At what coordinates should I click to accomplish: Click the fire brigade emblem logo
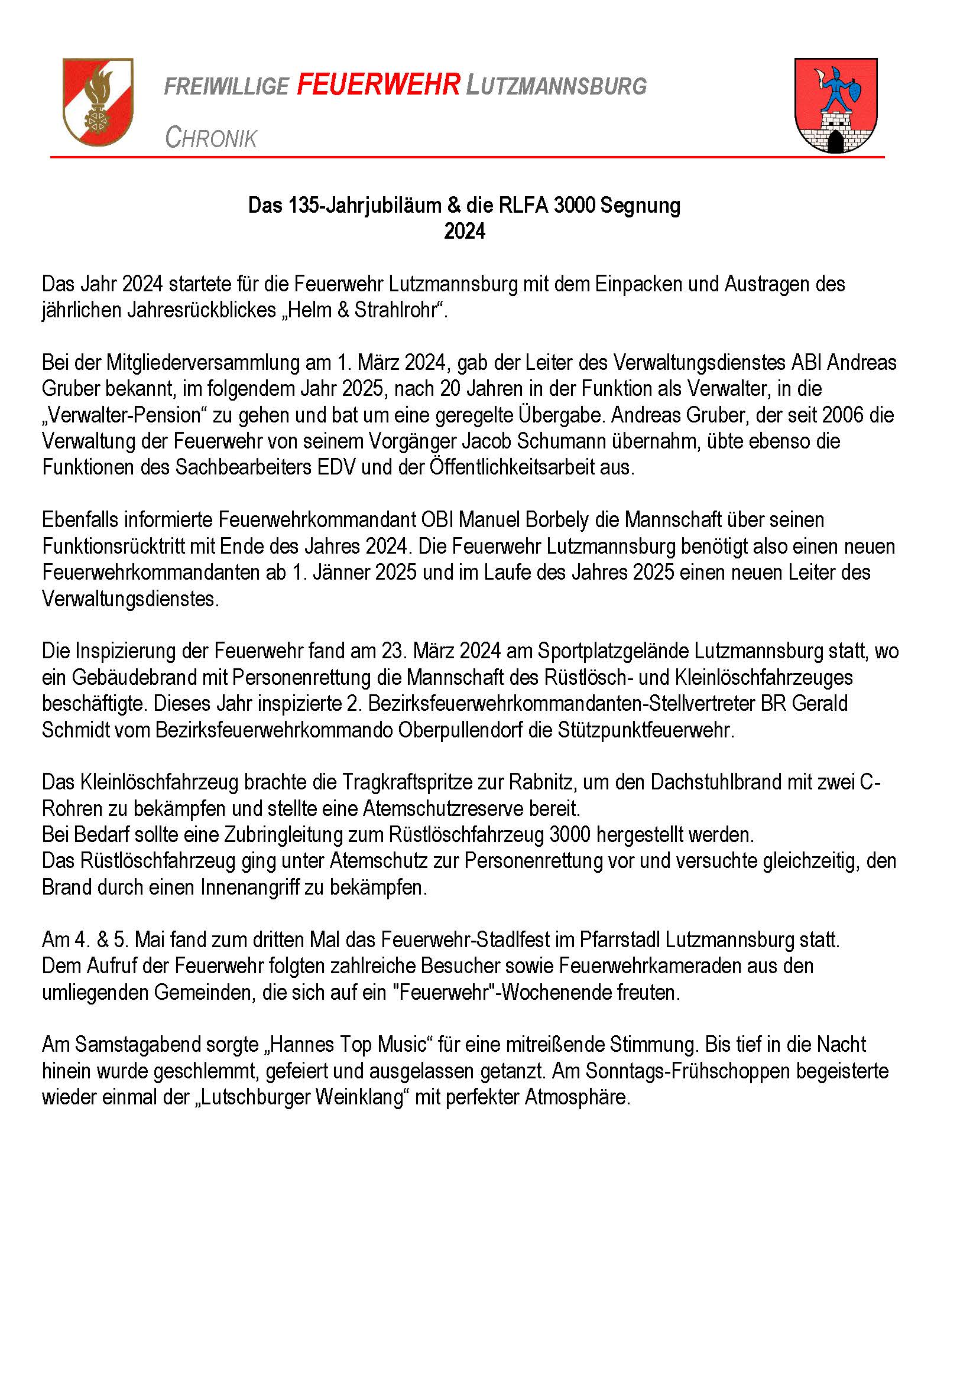tap(98, 101)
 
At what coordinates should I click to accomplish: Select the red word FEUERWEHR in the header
tap(379, 84)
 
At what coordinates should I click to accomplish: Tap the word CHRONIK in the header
tap(210, 138)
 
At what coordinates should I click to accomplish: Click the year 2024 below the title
tap(464, 231)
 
